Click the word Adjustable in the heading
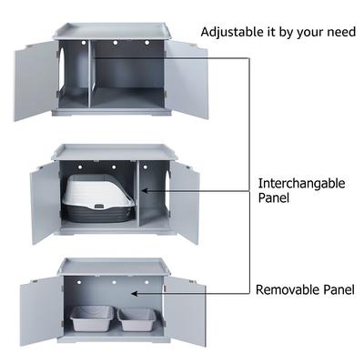tap(230, 33)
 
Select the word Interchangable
tap(301, 183)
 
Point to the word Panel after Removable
tap(333, 291)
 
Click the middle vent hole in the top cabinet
tap(116, 43)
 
